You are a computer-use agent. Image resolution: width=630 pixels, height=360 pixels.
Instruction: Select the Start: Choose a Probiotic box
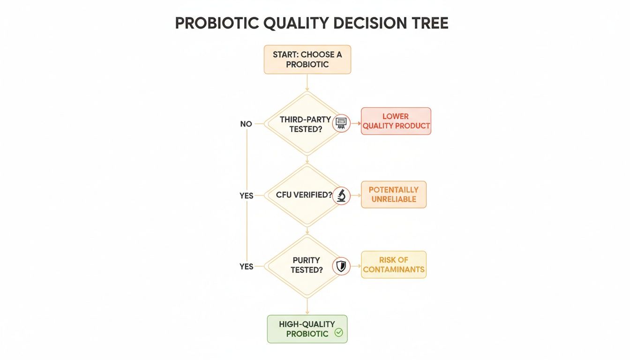tap(307, 60)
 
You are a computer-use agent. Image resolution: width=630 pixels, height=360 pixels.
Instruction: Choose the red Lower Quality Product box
tap(396, 121)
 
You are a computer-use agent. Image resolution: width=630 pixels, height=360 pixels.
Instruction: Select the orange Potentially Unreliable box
tap(393, 195)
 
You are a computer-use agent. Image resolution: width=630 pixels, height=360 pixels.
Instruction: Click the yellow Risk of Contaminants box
tap(393, 265)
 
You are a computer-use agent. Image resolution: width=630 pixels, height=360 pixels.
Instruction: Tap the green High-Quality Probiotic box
tap(307, 329)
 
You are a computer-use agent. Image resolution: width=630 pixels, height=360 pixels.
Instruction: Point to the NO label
tap(246, 124)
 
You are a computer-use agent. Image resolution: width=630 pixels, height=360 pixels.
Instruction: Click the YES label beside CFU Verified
tap(247, 195)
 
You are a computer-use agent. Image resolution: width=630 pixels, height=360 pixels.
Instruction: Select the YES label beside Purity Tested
tap(247, 266)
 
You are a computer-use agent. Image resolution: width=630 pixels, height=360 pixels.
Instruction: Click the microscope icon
tap(341, 195)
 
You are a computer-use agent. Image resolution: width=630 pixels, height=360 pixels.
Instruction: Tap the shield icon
tap(341, 266)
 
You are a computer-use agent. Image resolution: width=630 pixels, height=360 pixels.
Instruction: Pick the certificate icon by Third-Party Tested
tap(341, 124)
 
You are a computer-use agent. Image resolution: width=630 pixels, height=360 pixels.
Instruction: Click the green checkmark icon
tap(338, 333)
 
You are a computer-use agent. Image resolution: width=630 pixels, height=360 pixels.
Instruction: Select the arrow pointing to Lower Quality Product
tap(355, 124)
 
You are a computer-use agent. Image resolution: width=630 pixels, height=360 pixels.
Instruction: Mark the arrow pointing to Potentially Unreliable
tap(355, 195)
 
